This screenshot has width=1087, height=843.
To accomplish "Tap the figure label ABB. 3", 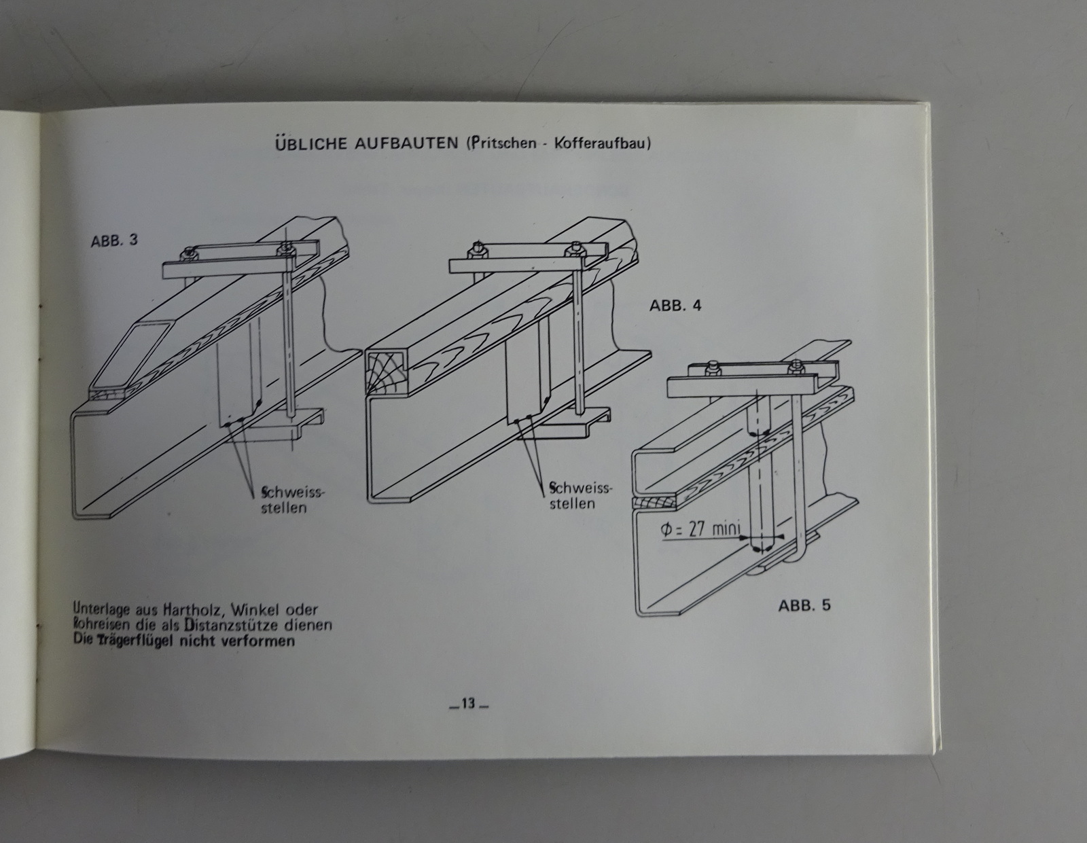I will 114,240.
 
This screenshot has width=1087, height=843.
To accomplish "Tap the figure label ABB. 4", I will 675,305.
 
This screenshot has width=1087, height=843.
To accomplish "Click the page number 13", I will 468,704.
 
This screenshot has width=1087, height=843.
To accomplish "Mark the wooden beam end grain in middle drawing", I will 385,373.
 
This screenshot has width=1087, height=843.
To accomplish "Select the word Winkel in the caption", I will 254,609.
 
